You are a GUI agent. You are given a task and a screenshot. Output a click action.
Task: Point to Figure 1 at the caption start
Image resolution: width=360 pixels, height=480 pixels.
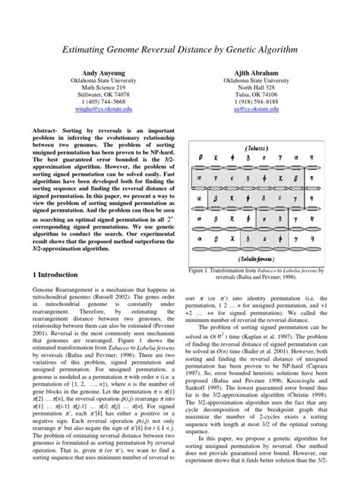tap(206, 270)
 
